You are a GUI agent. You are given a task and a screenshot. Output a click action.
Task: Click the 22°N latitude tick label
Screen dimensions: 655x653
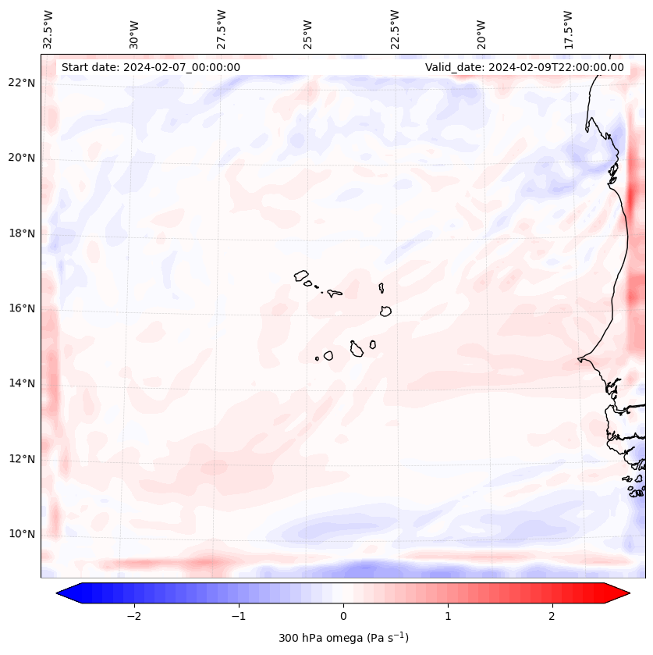tap(22, 83)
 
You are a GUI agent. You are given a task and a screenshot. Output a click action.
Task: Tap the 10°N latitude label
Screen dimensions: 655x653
tap(22, 534)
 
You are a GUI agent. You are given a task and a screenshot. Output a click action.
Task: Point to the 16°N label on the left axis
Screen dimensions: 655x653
tap(22, 308)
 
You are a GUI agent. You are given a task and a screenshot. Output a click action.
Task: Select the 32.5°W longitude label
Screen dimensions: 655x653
tap(48, 29)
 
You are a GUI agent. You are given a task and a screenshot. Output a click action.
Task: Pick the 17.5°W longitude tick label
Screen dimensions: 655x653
tap(569, 30)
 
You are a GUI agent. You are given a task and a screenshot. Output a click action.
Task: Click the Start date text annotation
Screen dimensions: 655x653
tap(151, 67)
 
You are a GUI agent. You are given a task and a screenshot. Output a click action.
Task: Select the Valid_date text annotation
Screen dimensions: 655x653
tap(524, 67)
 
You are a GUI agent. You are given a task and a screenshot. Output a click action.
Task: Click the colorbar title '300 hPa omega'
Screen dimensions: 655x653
tap(343, 638)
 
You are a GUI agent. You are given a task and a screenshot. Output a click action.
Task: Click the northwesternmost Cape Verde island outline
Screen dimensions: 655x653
tap(301, 275)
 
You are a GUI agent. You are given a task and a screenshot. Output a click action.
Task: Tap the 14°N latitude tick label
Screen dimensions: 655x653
tap(22, 383)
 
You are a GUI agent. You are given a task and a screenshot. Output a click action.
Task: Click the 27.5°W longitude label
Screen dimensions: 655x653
tap(222, 30)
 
